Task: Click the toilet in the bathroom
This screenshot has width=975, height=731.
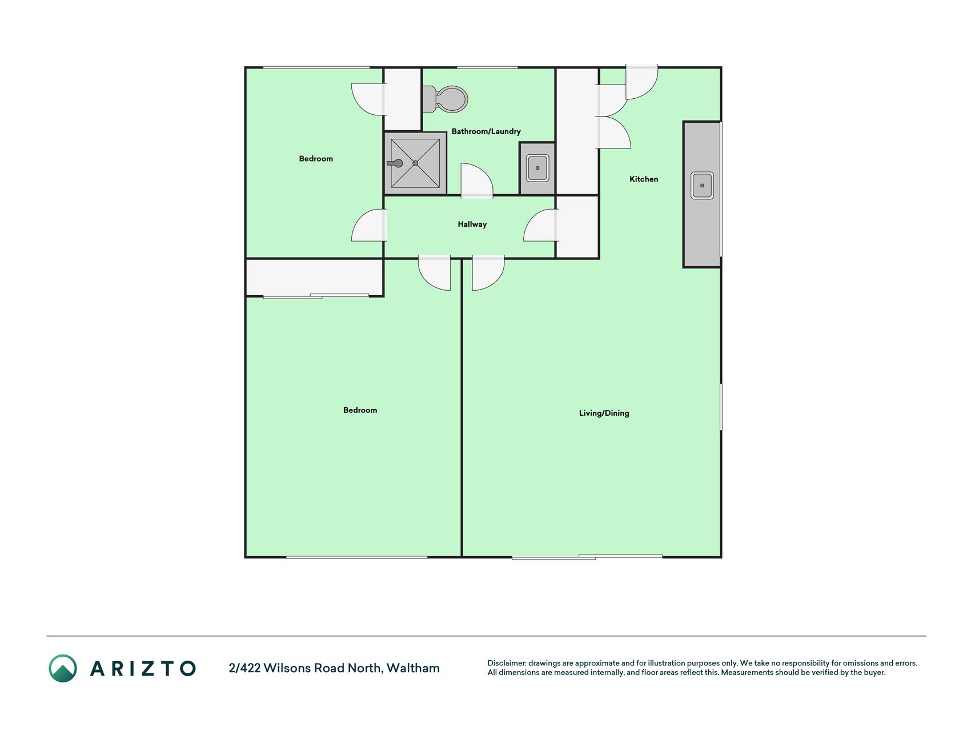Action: click(x=445, y=99)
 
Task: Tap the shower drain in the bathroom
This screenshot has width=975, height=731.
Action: click(x=415, y=163)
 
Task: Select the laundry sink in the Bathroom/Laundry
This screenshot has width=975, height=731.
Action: click(x=537, y=168)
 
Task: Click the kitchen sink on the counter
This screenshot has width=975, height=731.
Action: click(x=702, y=186)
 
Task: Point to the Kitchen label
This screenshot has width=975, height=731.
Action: click(x=644, y=179)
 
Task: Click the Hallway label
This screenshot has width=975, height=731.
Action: click(x=472, y=224)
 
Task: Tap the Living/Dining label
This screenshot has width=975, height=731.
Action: click(x=604, y=413)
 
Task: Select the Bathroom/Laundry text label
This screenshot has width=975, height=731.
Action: click(x=486, y=131)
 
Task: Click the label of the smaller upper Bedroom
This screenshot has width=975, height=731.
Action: click(x=316, y=159)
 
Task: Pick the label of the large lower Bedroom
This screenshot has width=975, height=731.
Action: click(x=360, y=410)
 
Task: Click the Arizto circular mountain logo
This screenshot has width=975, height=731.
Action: click(x=63, y=668)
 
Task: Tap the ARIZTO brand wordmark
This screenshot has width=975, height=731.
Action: click(x=143, y=668)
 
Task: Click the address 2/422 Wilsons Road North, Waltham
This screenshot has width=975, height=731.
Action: click(x=334, y=668)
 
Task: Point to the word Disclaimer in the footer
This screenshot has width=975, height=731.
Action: click(x=506, y=663)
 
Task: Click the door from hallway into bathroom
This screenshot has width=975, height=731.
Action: click(x=477, y=180)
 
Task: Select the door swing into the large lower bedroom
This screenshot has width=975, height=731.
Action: click(x=435, y=272)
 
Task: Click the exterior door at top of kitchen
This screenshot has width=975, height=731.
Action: click(x=642, y=82)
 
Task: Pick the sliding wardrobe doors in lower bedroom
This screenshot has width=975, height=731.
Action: click(x=316, y=296)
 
